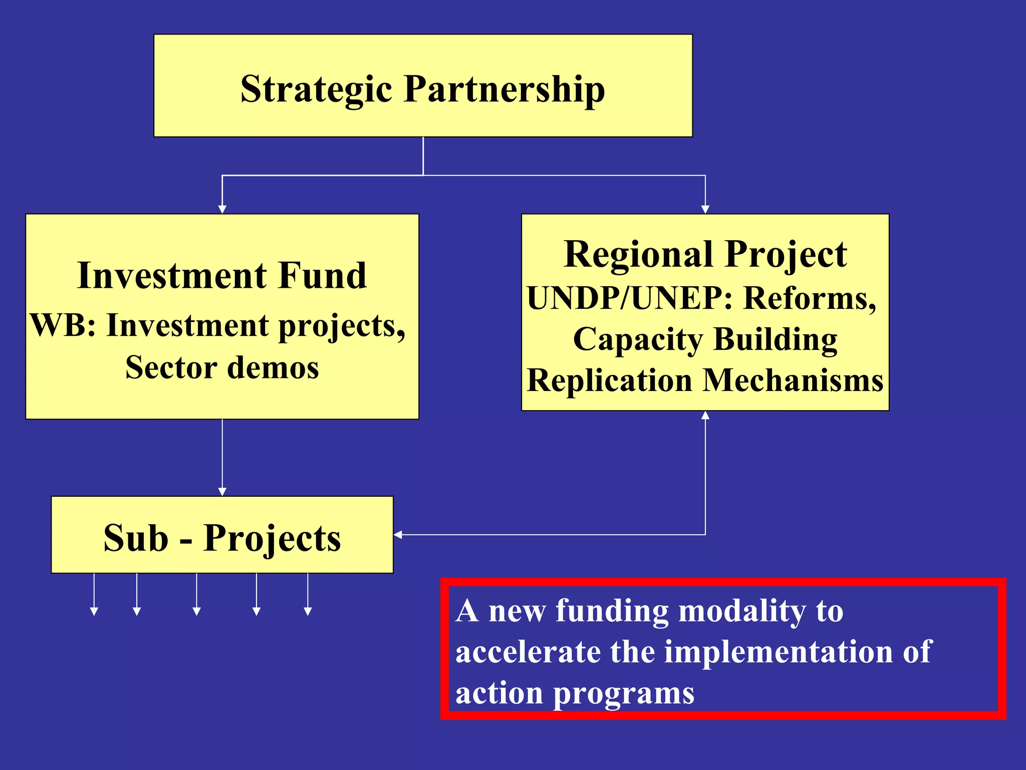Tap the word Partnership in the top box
point(504,89)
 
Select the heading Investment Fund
point(222,275)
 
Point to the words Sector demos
point(222,367)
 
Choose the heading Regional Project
point(705,254)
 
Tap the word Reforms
point(810,298)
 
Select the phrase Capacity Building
point(705,339)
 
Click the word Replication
point(610,380)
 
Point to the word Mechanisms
point(793,380)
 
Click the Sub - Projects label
point(222,538)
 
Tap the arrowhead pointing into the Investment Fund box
point(222,209)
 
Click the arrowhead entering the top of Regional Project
point(705,209)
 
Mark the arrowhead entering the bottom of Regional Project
point(705,416)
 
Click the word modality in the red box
point(739,611)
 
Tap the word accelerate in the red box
point(528,652)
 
